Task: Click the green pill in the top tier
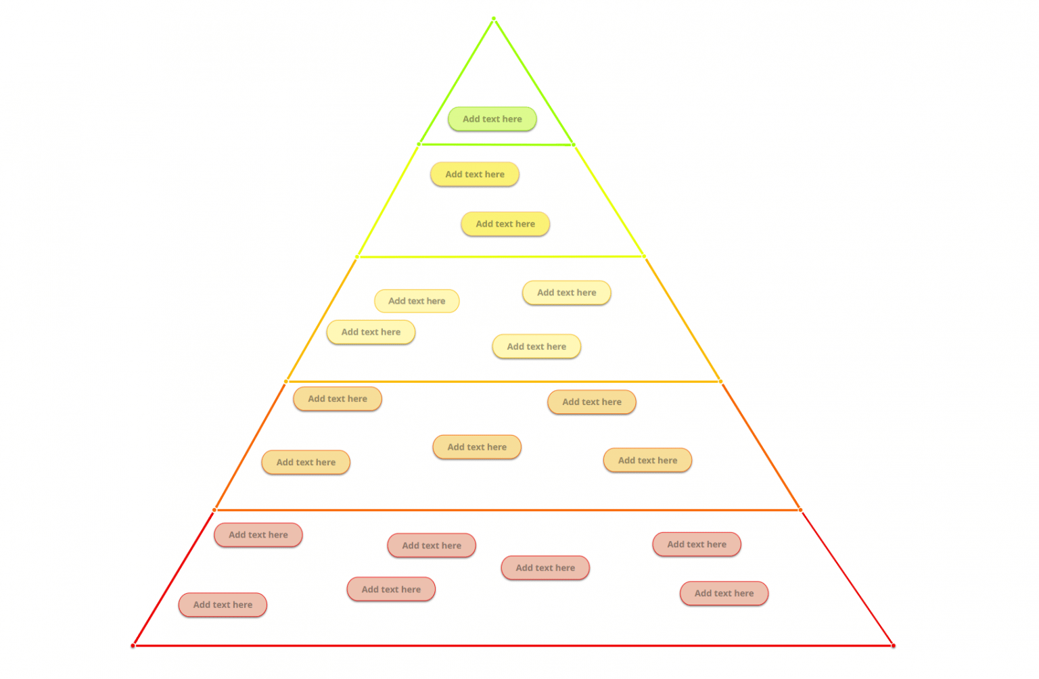coord(492,119)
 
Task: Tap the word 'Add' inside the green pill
coord(471,119)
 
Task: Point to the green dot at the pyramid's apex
coord(494,18)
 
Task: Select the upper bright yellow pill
coord(474,174)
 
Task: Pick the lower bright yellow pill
coord(505,224)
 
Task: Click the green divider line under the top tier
coord(496,144)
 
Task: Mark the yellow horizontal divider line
coord(501,257)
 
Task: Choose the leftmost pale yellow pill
coord(371,332)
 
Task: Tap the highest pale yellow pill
coord(566,293)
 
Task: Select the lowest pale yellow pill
coord(536,346)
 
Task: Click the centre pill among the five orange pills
coord(476,447)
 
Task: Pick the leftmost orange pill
coord(306,463)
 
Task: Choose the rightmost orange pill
coord(647,461)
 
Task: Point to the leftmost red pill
coord(223,605)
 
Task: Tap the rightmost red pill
coord(724,593)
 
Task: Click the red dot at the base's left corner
coord(133,646)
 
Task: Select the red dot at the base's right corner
coord(893,646)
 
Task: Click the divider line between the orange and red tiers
coord(507,510)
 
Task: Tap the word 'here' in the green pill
coord(512,119)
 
